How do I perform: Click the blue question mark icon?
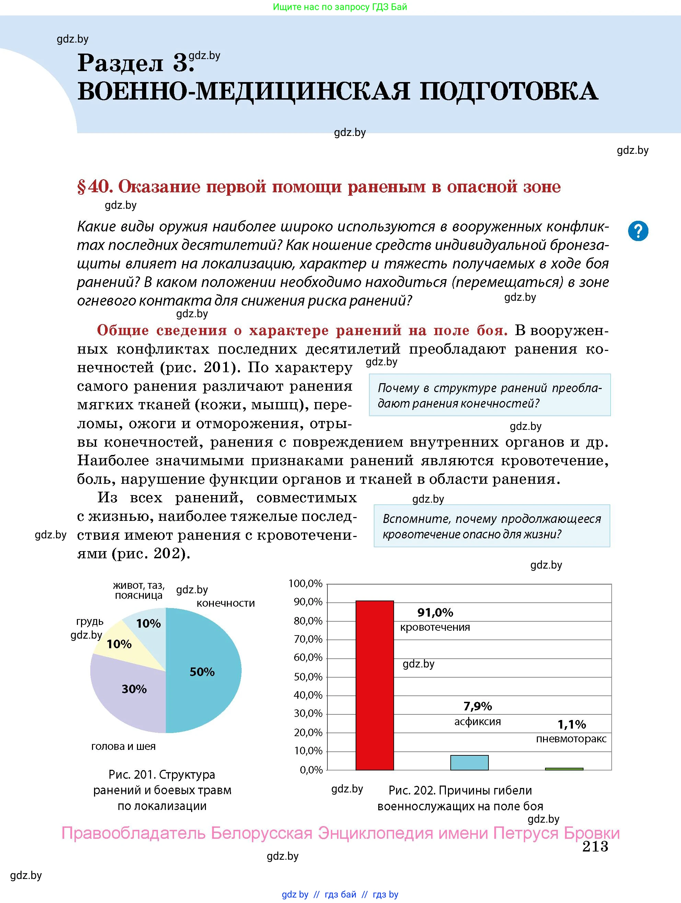[x=638, y=231]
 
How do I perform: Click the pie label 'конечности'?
[x=226, y=603]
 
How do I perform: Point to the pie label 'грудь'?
[x=90, y=622]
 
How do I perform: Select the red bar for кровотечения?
[x=374, y=686]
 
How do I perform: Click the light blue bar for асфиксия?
[x=469, y=762]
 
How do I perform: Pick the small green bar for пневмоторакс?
[x=564, y=769]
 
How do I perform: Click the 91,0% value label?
[x=435, y=612]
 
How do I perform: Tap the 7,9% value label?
[x=477, y=706]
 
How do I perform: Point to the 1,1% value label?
[x=572, y=724]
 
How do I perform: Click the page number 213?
[x=595, y=846]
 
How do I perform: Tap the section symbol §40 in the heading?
[x=94, y=187]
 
